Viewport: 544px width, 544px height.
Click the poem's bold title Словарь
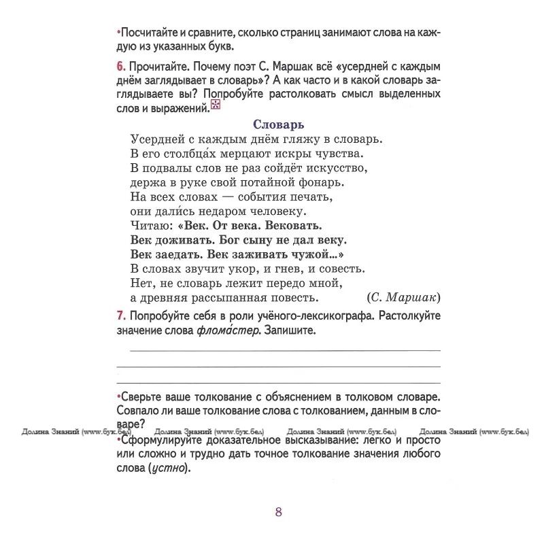278,124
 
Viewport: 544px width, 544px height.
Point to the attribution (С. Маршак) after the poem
403,297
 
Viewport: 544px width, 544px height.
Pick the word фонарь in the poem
323,182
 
